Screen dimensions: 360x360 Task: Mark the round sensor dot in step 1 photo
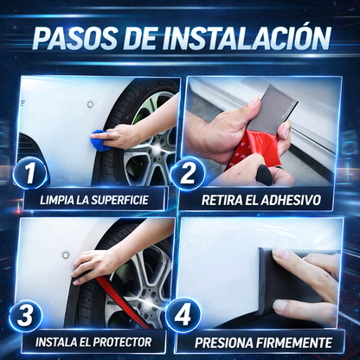90,104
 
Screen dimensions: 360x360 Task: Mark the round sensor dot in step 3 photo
66,254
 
